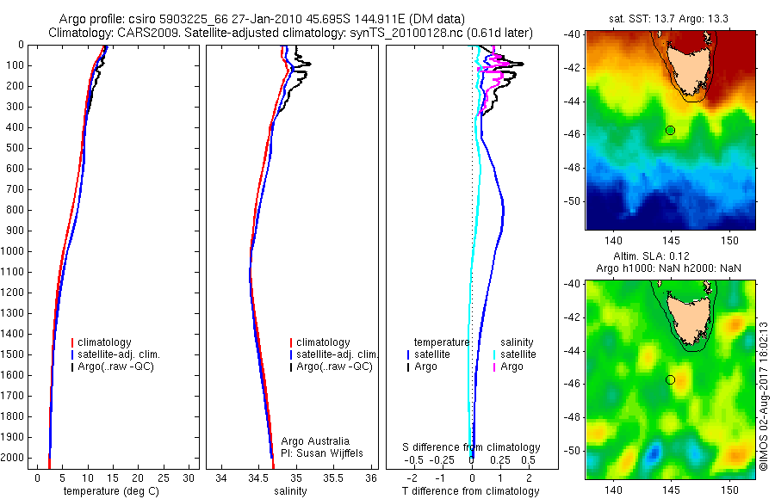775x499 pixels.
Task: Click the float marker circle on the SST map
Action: [670, 130]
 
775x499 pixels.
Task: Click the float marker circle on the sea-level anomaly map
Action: [670, 379]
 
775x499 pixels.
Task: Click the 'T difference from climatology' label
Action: [470, 491]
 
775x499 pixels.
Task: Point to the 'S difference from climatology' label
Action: [472, 447]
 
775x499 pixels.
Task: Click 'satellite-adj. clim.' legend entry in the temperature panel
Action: [120, 354]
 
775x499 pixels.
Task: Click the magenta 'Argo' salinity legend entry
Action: [512, 367]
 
